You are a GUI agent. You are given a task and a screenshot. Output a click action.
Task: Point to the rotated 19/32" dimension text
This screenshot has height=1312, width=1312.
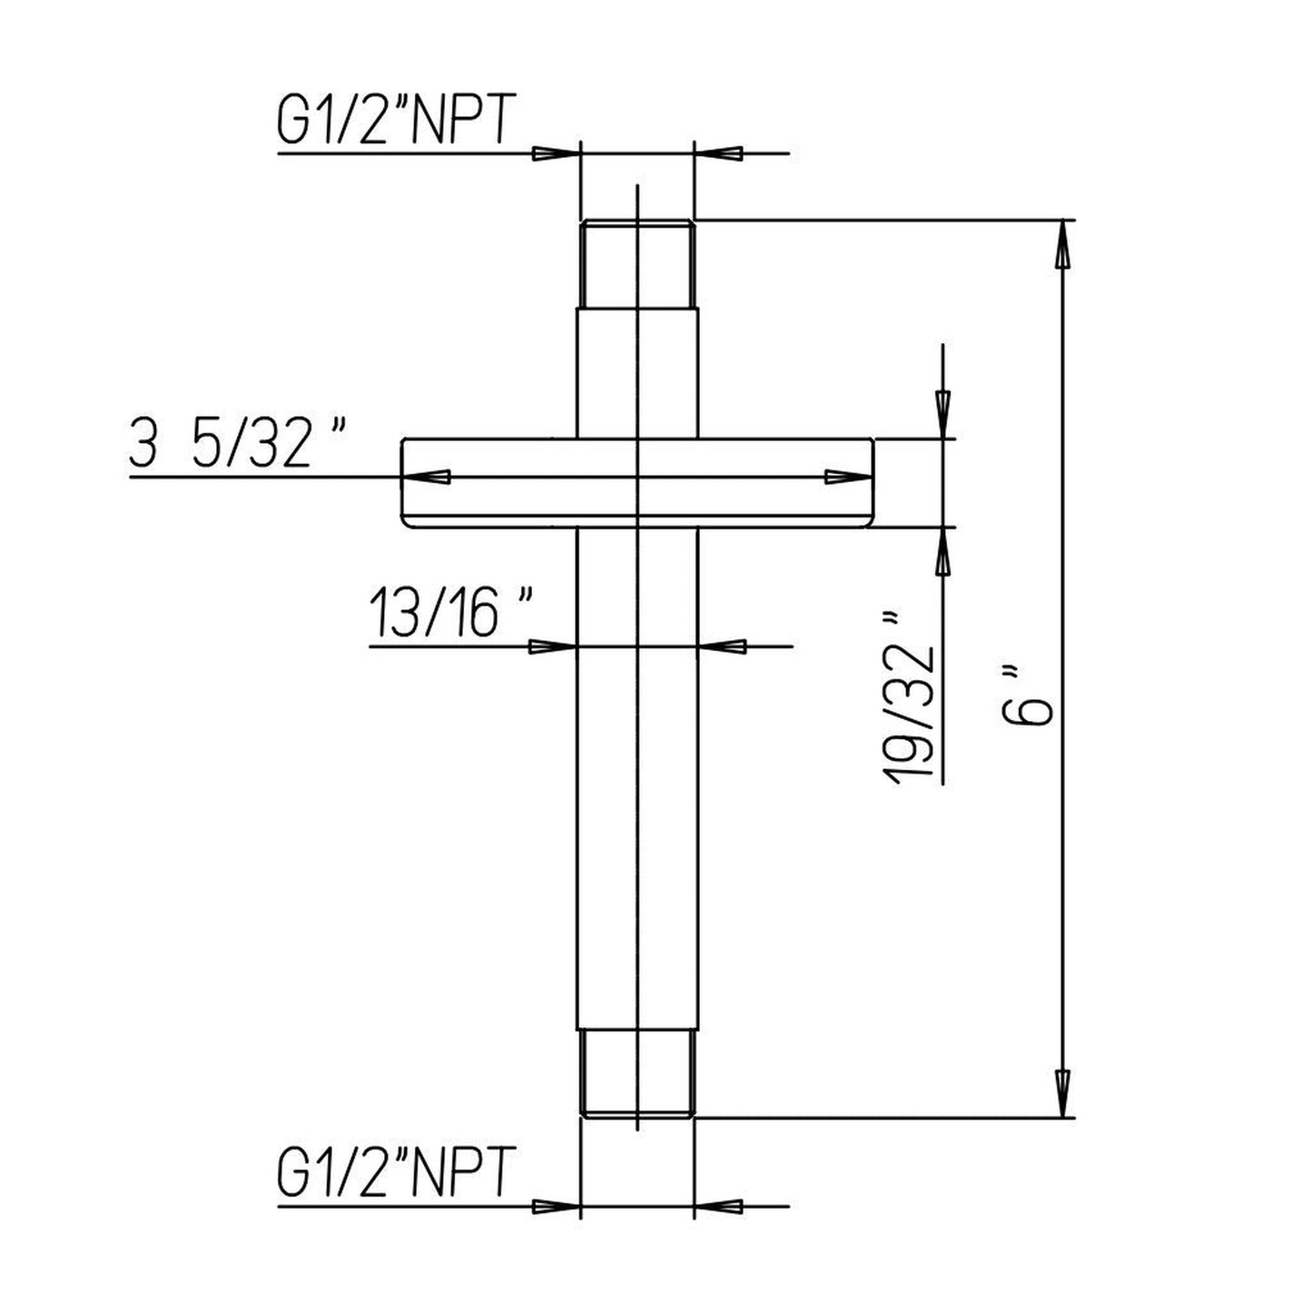coord(913,697)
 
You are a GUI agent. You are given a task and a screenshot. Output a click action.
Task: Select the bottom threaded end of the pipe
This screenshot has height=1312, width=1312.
coord(637,1074)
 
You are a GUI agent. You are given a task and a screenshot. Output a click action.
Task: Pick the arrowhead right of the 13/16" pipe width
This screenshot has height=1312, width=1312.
coord(723,646)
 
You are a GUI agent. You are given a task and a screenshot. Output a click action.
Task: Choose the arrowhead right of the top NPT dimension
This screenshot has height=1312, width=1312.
coord(719,154)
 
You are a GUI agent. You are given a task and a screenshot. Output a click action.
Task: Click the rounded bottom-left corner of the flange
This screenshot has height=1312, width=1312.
coord(409,521)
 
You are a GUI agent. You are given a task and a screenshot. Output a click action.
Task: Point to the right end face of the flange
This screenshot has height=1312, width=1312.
coord(873,481)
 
